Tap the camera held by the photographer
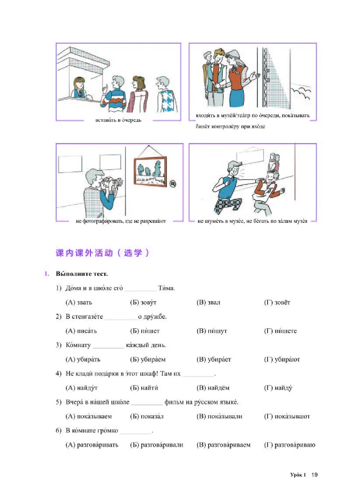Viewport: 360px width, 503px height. tap(111, 183)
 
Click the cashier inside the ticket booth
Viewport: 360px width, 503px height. tap(79, 88)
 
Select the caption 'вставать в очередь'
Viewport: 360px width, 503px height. tap(118, 120)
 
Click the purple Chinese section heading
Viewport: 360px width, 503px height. tap(102, 253)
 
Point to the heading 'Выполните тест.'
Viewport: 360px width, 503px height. tap(82, 274)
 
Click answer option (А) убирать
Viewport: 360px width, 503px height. tap(83, 359)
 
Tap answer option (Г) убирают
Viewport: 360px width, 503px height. tap(282, 359)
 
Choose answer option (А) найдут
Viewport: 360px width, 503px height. tap(81, 388)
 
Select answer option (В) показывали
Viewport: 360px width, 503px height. tap(219, 417)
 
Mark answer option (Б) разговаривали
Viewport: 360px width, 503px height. tap(156, 445)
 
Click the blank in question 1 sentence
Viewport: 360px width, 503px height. tap(140, 288)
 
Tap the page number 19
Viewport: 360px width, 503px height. tap(315, 475)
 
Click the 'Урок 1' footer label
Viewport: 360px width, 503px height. tap(297, 475)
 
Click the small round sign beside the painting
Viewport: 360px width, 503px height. tap(174, 183)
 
